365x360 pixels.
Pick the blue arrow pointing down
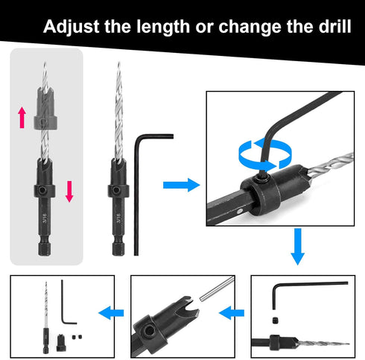pos(297,246)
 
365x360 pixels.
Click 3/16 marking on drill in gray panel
pos(45,218)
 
